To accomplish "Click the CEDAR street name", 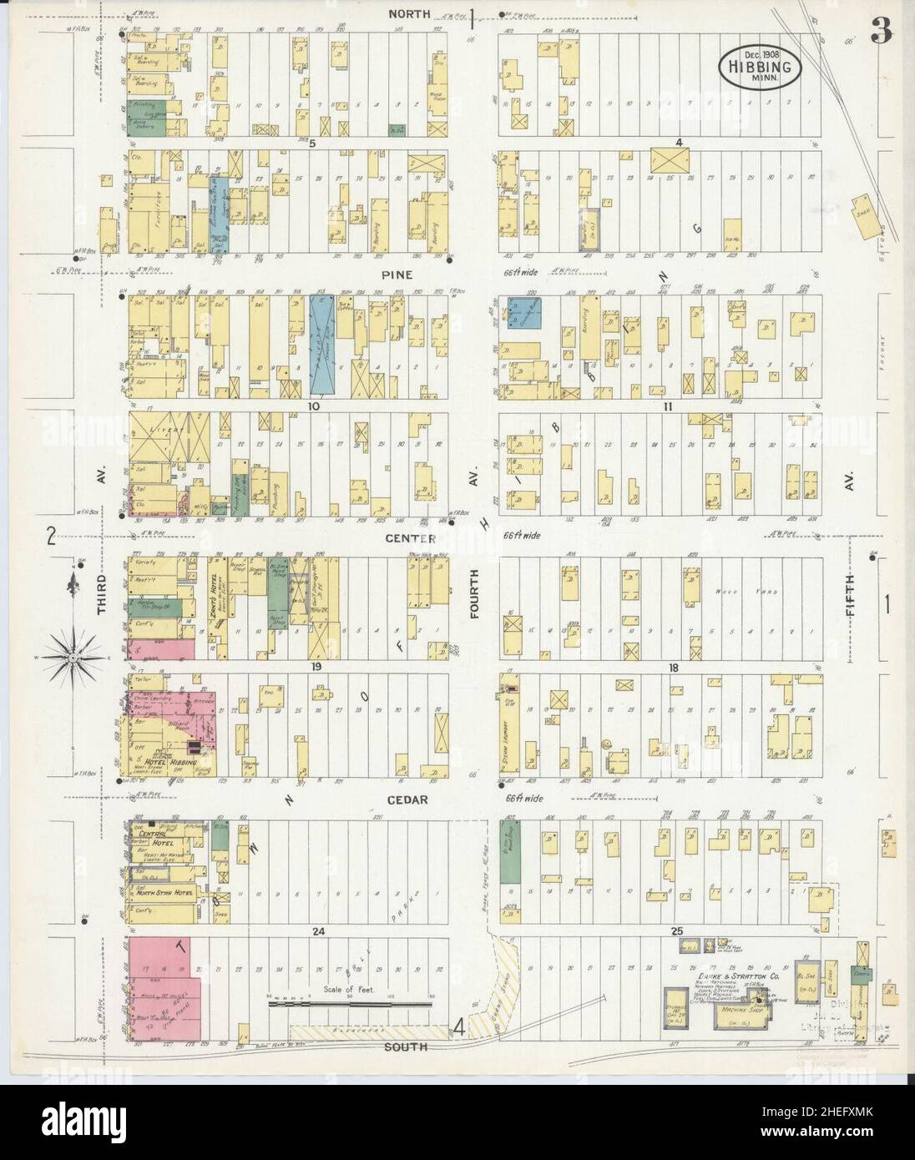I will tap(407, 799).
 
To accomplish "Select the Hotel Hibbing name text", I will tap(173, 763).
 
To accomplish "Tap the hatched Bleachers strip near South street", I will tap(367, 1033).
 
